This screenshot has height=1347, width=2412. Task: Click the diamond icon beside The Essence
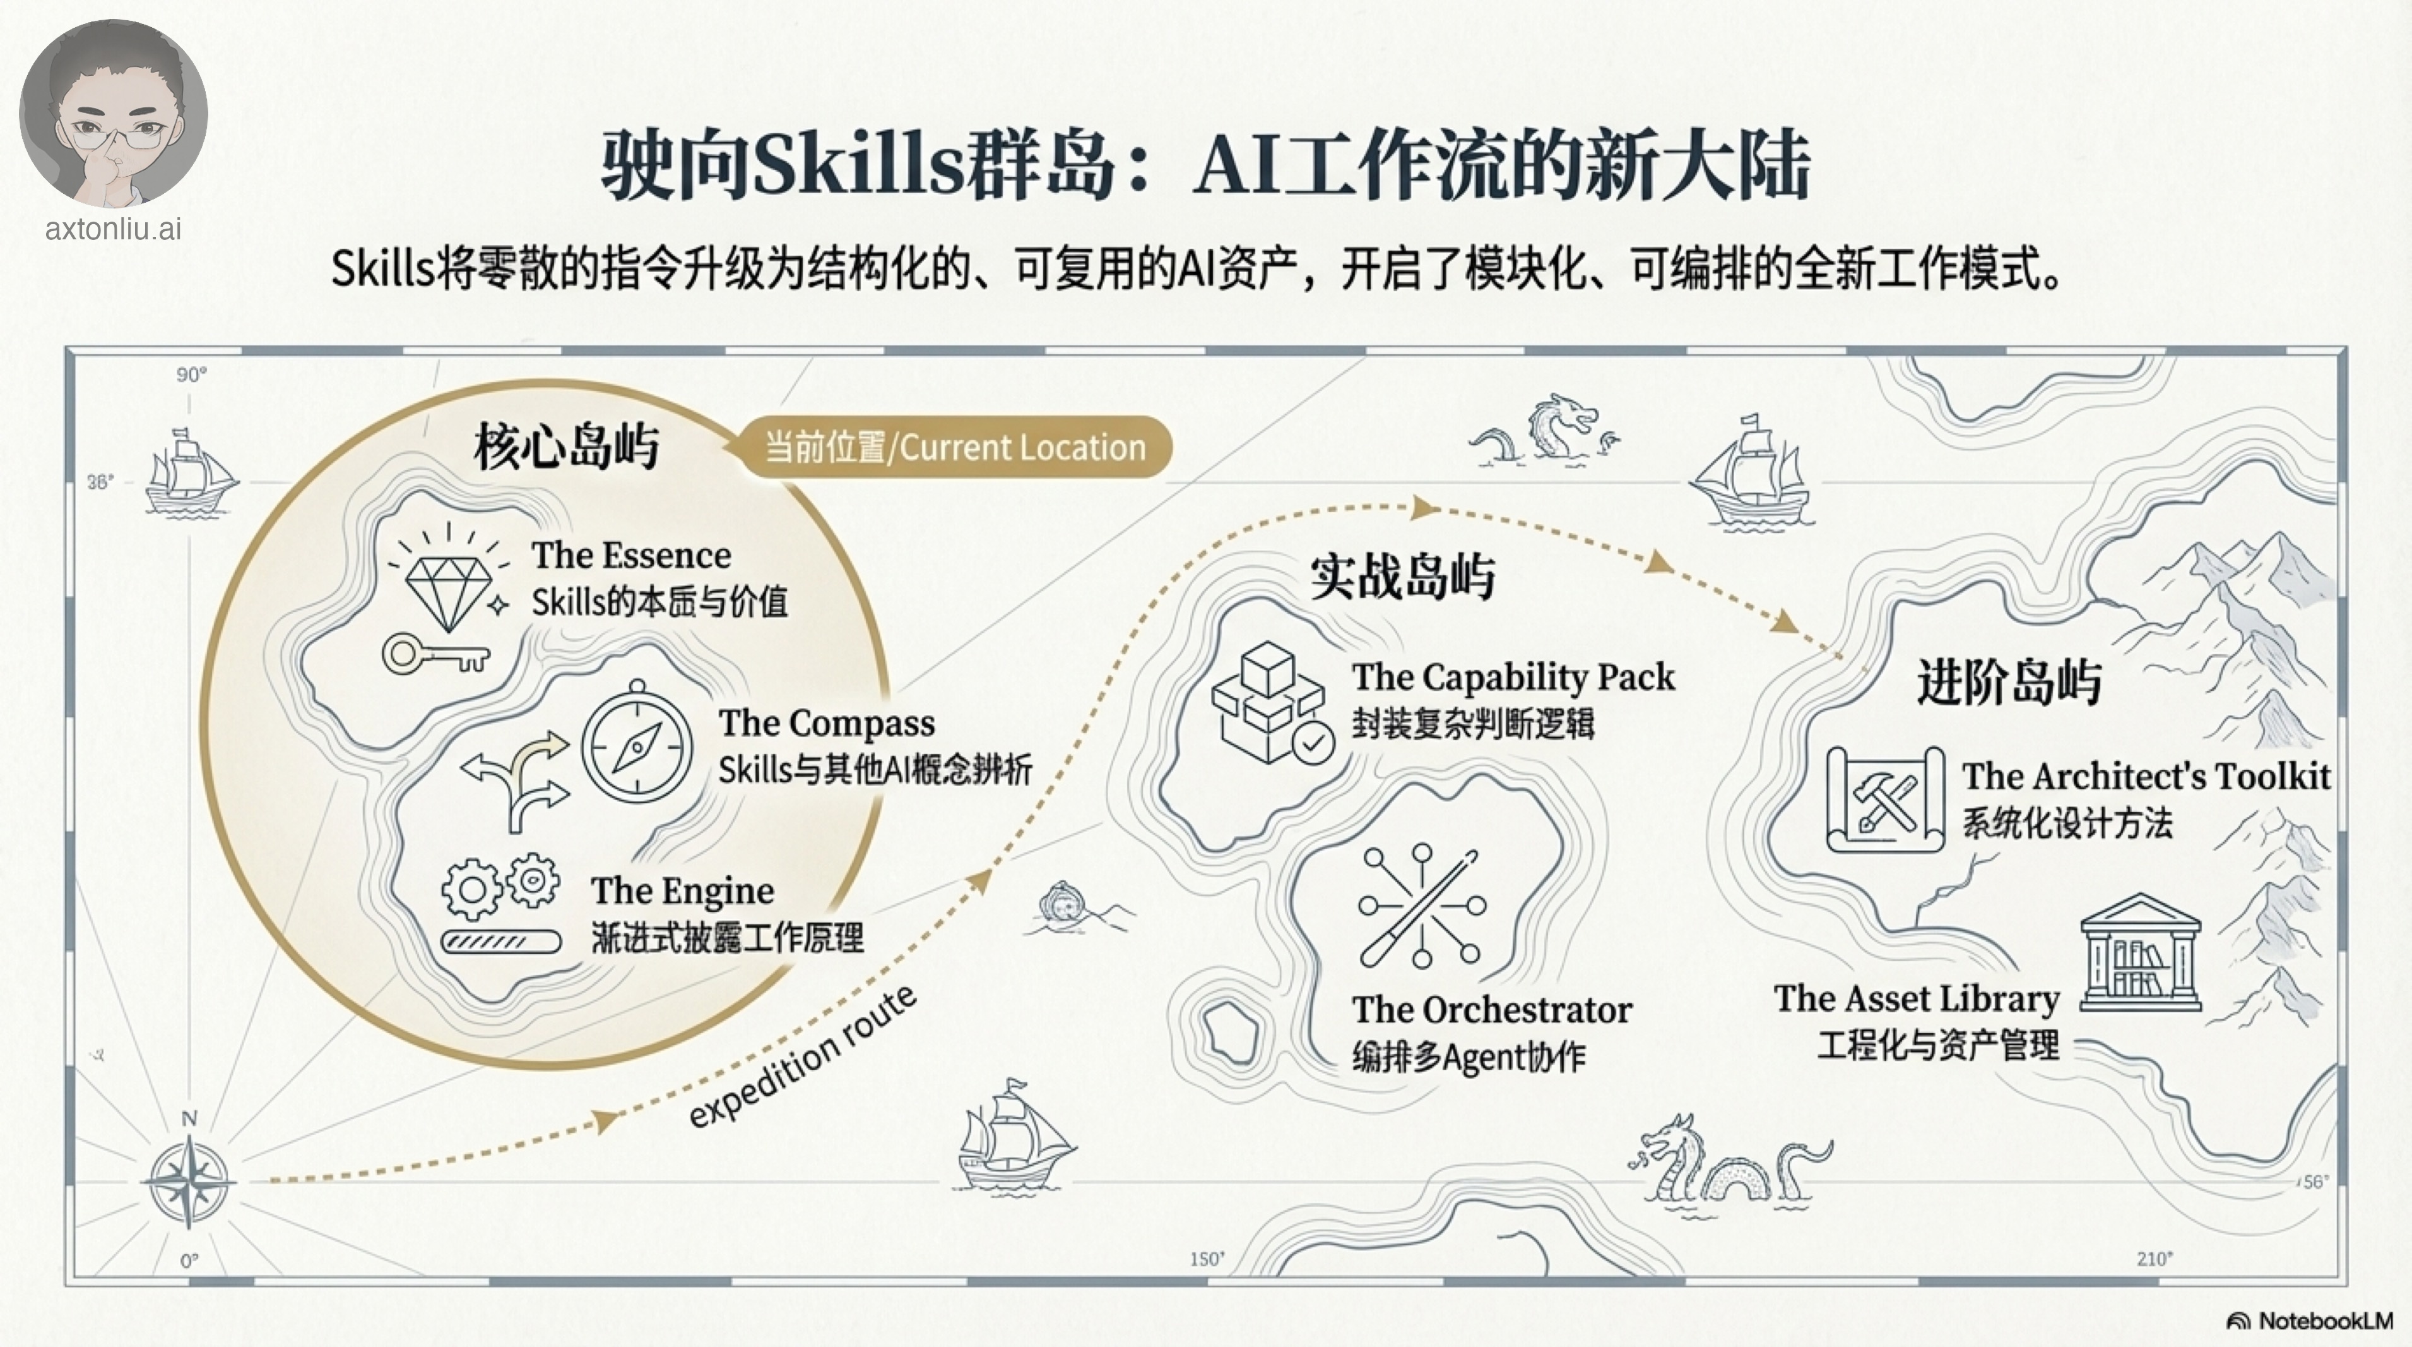pos(447,590)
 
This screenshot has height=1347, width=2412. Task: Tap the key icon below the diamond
pos(435,654)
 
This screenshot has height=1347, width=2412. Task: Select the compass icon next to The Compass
pos(637,746)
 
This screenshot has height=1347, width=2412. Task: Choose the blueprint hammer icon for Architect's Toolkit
pos(1885,799)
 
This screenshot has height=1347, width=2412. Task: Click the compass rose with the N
pos(189,1180)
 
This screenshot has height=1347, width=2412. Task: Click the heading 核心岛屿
pos(567,446)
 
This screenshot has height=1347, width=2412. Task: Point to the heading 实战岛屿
pos(1402,575)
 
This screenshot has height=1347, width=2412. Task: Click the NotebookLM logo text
pos(2324,1320)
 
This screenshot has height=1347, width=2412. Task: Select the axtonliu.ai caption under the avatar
pos(114,229)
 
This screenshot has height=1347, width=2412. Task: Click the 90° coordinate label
pos(191,374)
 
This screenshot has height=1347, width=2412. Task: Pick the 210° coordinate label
pos(2153,1259)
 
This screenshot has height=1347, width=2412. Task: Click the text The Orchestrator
pos(1492,1010)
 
